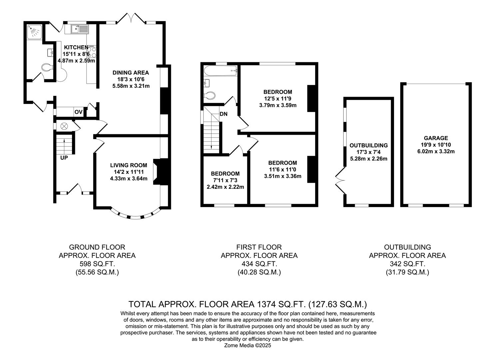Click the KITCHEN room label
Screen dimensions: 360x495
[76, 47]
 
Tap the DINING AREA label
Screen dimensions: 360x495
[131, 73]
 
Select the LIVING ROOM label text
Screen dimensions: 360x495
[129, 165]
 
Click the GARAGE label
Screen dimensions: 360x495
[436, 138]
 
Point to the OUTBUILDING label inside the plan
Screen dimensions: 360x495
[368, 145]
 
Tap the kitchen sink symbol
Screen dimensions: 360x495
[79, 29]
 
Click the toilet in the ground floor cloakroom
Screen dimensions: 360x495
[47, 68]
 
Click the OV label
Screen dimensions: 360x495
[78, 112]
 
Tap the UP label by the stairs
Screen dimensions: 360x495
[64, 158]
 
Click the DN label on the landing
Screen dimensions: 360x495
[224, 114]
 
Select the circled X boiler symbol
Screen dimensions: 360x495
[64, 126]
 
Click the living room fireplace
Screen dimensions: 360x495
[157, 171]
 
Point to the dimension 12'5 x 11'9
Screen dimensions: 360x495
[277, 99]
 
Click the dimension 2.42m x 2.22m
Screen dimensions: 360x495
[225, 187]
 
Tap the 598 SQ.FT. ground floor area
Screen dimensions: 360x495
[97, 264]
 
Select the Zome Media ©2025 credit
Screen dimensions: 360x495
[248, 346]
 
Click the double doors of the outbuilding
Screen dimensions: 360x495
[340, 180]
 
